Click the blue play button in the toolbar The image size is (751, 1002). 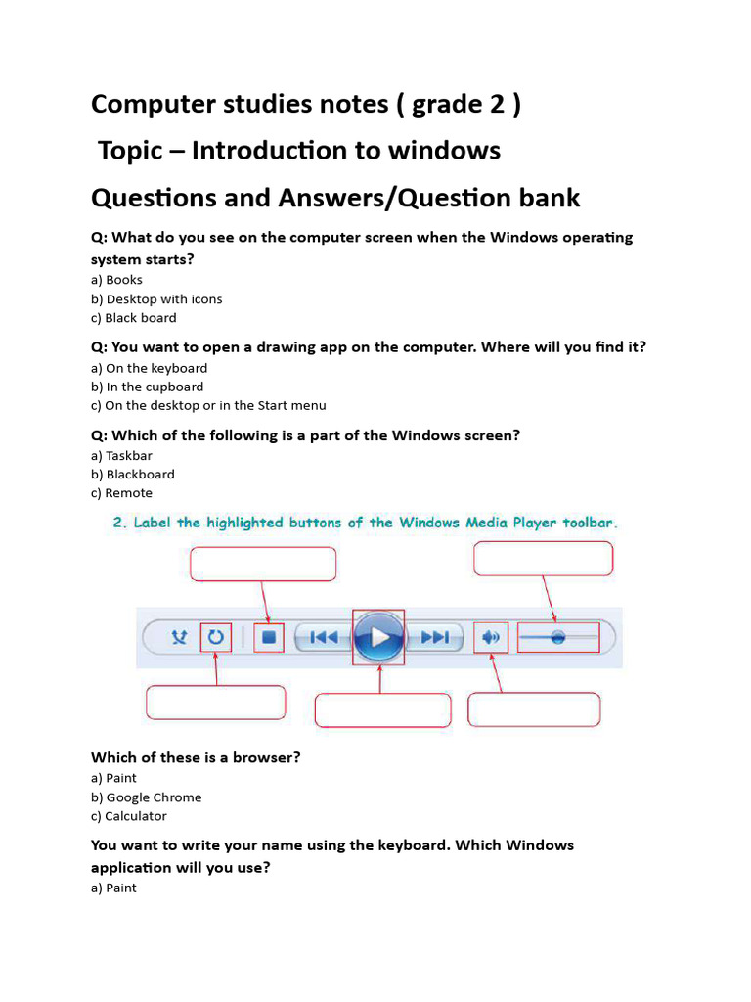[378, 638]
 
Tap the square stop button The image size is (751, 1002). [270, 638]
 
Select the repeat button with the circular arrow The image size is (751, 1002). [216, 638]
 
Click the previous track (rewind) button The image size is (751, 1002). [323, 638]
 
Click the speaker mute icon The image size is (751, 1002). [491, 638]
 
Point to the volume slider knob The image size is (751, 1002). [557, 637]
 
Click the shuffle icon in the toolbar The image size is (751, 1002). [179, 638]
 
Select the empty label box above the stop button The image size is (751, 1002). [262, 565]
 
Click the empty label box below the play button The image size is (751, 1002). [382, 710]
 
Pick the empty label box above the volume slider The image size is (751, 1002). [543, 559]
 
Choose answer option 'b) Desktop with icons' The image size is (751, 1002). [156, 299]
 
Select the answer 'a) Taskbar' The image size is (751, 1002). [121, 456]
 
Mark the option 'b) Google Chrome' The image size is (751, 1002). [146, 797]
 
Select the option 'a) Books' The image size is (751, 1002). [116, 280]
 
